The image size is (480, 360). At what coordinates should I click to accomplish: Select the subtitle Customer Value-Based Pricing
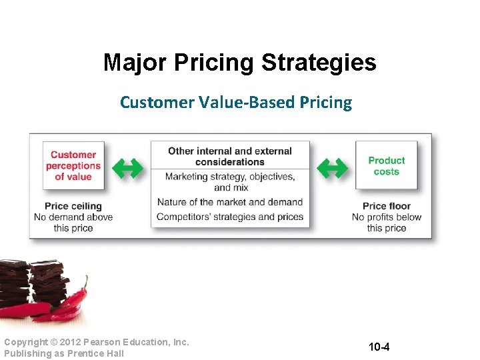point(235,103)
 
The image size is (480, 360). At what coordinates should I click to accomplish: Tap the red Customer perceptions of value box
point(73,165)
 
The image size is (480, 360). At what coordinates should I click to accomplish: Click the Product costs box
point(386,165)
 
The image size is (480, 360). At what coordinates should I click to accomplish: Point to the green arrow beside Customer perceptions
point(127,169)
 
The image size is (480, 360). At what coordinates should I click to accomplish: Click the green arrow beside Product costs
point(331,169)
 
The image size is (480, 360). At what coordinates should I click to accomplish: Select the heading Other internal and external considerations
point(230,156)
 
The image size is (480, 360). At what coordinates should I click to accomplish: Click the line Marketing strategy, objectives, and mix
point(230,182)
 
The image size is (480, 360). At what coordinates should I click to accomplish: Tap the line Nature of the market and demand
point(230,202)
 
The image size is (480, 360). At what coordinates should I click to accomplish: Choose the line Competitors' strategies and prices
point(230,217)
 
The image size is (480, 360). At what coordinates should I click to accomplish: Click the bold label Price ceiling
point(73,206)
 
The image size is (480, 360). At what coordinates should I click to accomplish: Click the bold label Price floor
point(387,206)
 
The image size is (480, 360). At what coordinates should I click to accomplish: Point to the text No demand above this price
point(73,222)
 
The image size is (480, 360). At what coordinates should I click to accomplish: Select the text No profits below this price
point(387,222)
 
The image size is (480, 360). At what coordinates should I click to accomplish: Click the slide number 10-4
point(379,347)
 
